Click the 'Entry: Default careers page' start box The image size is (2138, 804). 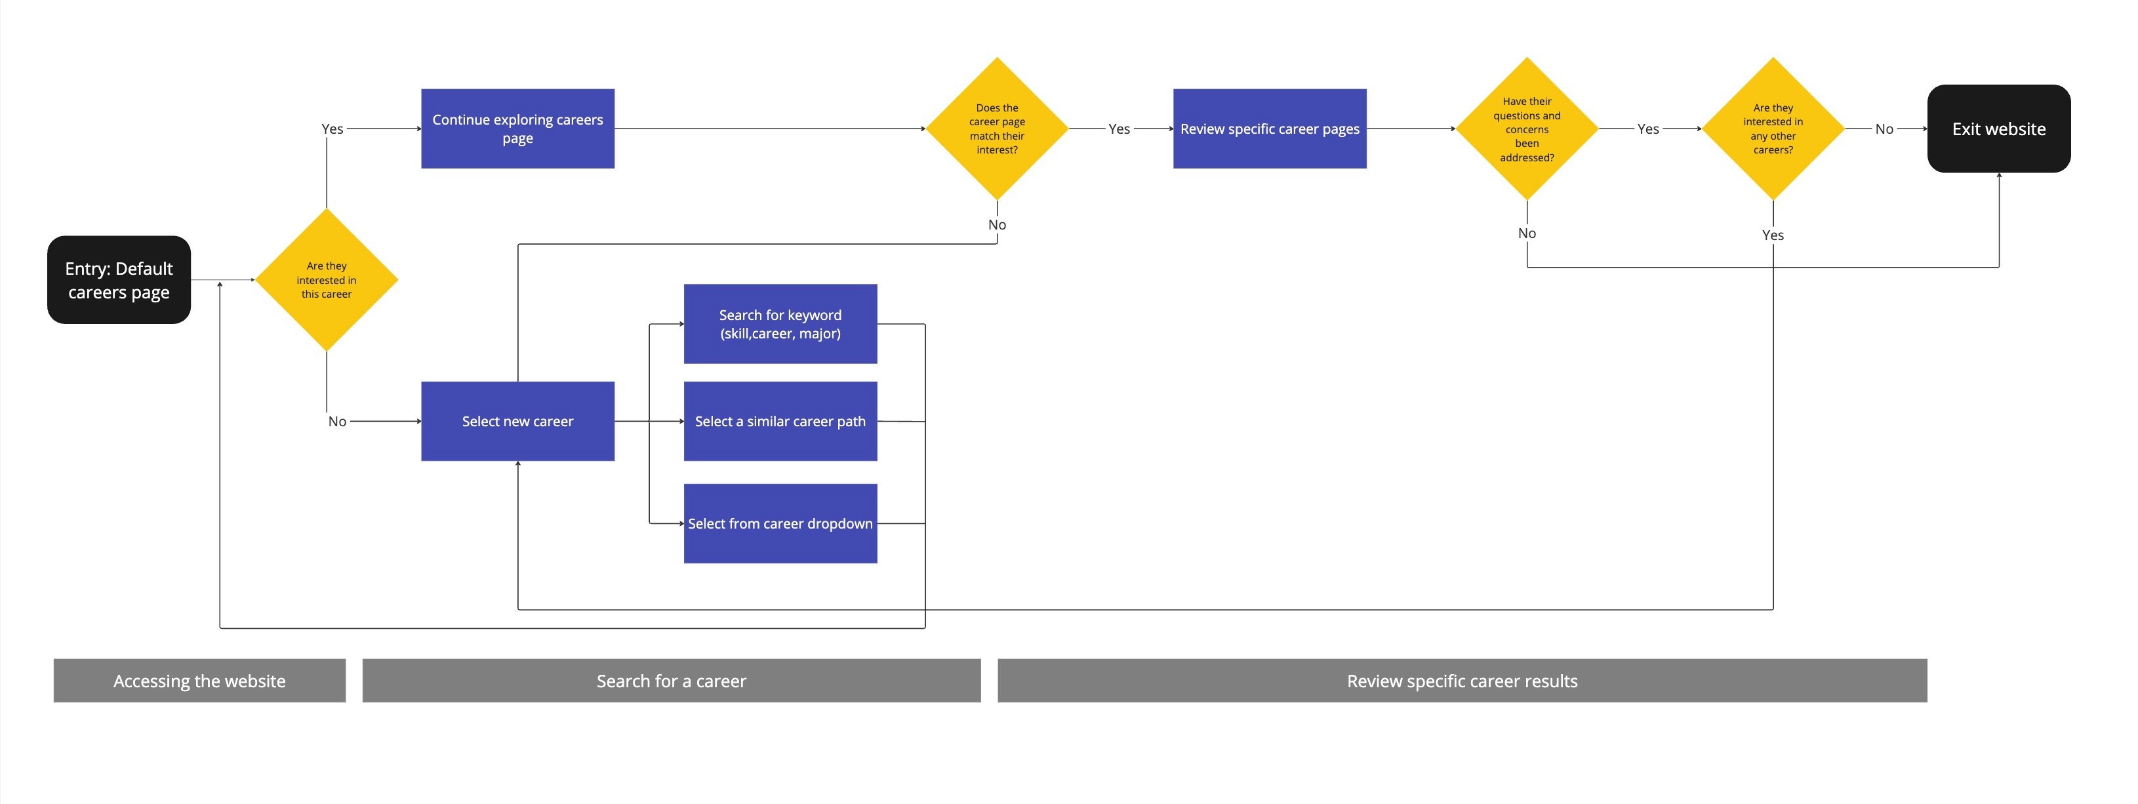(x=119, y=279)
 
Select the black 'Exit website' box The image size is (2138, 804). (x=1998, y=129)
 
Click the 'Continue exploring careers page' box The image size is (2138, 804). (x=518, y=129)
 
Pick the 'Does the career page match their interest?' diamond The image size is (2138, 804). (x=997, y=129)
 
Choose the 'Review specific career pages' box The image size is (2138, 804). (x=1270, y=129)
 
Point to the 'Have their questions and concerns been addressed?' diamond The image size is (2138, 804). (x=1527, y=129)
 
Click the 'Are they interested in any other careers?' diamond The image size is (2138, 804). (x=1773, y=129)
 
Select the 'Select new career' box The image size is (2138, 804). (x=518, y=422)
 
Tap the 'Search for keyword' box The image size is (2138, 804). (x=780, y=323)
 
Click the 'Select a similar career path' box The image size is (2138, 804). (x=780, y=422)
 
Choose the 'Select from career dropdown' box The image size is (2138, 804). (x=780, y=523)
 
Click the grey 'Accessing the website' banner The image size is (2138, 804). (x=199, y=680)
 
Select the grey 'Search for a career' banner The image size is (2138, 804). (x=672, y=680)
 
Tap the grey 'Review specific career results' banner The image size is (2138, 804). (x=1462, y=680)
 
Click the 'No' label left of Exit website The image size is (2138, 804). (x=1884, y=129)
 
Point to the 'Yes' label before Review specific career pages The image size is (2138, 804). (x=1119, y=129)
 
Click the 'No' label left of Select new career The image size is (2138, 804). (x=337, y=422)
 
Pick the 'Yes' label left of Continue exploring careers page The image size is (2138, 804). (x=332, y=129)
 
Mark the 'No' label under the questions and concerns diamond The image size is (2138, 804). (x=1527, y=233)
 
